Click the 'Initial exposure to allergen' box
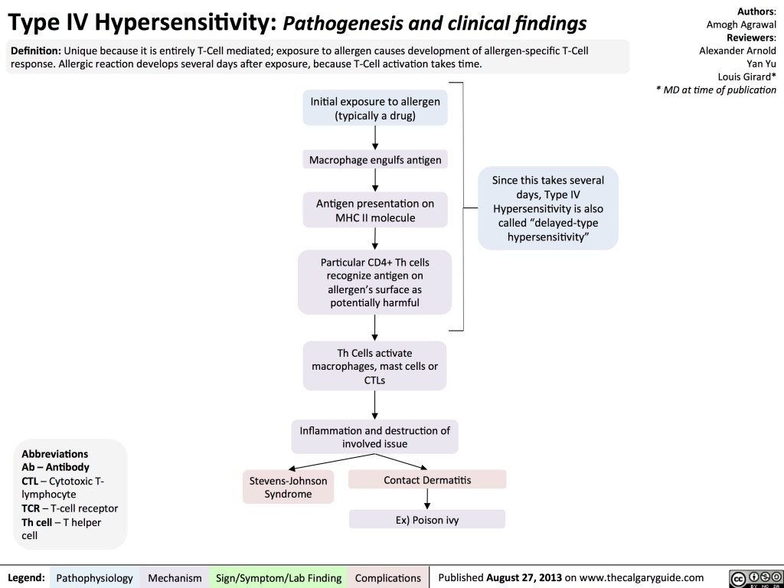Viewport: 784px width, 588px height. pos(375,108)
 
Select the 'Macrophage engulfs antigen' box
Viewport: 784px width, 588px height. pos(375,160)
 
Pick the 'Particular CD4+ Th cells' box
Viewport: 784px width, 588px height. pos(375,283)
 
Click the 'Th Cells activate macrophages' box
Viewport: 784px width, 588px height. pos(375,365)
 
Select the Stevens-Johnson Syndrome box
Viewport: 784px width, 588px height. pos(288,487)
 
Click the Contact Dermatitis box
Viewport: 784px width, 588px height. pos(427,480)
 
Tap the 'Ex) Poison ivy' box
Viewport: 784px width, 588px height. pos(427,520)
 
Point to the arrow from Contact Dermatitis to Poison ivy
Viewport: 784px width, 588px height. pos(427,499)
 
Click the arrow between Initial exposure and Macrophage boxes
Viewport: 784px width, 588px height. pos(375,137)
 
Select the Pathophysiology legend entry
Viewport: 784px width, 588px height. pos(95,577)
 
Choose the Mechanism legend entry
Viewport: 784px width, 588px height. pos(176,577)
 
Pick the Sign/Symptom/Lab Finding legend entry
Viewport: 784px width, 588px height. pos(279,577)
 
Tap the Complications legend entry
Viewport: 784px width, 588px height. pos(388,577)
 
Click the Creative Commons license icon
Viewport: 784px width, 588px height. pos(753,577)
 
